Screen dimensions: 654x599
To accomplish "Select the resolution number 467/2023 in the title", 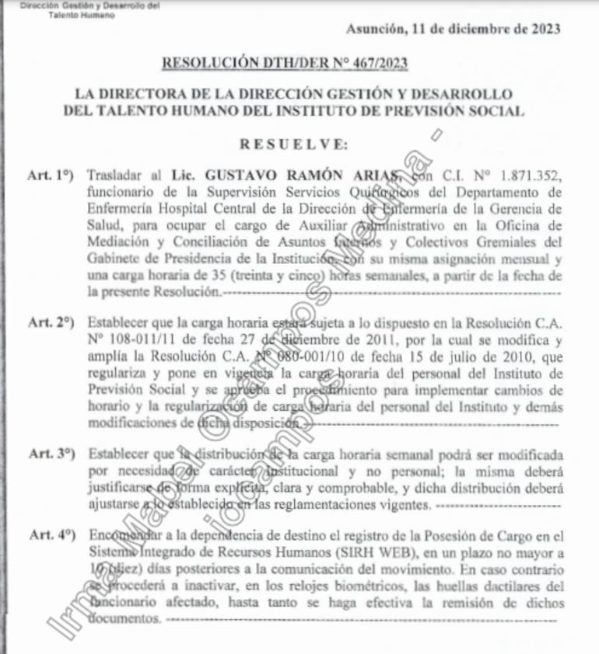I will (x=381, y=63).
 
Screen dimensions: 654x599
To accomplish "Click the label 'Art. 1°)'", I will (x=50, y=176).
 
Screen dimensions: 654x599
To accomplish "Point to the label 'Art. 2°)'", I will (x=50, y=321).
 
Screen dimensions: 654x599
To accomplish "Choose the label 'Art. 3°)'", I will (x=50, y=453).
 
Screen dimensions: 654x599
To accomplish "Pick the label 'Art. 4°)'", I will (x=50, y=534).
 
